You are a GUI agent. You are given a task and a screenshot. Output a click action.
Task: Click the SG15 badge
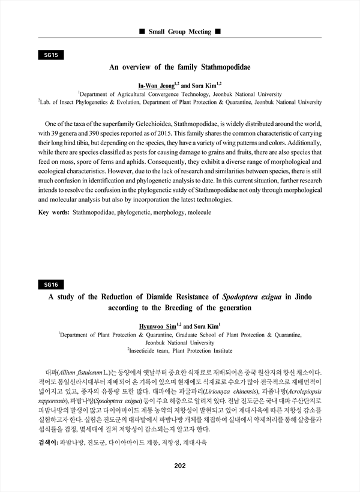tap(50, 55)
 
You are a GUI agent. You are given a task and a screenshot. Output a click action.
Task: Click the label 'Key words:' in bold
tap(53, 212)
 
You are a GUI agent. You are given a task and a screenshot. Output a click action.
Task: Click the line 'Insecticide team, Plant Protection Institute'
tap(179, 351)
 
